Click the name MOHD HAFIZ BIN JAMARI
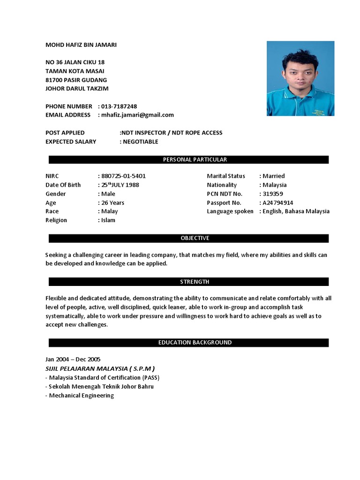point(81,45)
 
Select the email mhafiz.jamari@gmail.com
point(137,115)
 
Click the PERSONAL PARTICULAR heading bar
point(189,160)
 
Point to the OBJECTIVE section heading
point(189,239)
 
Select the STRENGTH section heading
point(189,282)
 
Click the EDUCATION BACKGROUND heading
point(189,343)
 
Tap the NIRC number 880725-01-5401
point(123,176)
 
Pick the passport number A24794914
point(277,203)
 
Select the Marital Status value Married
point(273,176)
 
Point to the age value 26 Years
point(112,203)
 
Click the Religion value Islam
point(108,220)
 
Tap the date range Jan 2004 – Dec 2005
point(73,360)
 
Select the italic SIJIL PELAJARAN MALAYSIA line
point(100,368)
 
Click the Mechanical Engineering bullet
point(80,396)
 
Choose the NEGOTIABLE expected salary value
point(140,142)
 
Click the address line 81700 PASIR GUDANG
point(76,80)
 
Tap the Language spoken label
point(230,211)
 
